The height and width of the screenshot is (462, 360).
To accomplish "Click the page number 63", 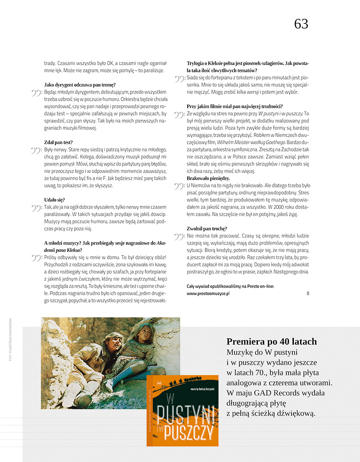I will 301,24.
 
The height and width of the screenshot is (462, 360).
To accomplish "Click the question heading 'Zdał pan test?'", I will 58,142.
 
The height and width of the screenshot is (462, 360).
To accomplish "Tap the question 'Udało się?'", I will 55,199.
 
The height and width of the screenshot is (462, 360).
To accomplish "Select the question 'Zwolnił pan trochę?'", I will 207,229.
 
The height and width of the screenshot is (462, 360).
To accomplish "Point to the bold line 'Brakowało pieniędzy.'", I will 209,178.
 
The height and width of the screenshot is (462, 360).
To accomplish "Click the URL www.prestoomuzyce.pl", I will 208,293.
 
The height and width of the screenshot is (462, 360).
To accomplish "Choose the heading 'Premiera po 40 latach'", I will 271,341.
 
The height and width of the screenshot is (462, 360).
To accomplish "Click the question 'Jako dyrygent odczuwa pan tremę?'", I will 80,85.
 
